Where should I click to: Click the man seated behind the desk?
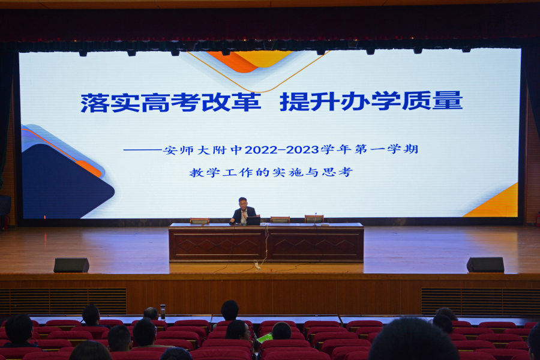tap(243, 211)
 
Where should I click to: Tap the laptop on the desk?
tap(253, 221)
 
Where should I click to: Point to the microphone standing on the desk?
tap(315, 219)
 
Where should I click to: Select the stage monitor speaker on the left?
tap(71, 265)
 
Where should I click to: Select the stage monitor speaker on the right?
tap(485, 265)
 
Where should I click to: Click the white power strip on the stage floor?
tap(257, 265)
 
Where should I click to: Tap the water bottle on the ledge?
tap(163, 312)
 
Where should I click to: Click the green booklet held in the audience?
tap(265, 338)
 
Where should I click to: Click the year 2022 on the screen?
tap(261, 150)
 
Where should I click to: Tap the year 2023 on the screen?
tap(302, 150)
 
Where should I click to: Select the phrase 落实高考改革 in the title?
tap(170, 103)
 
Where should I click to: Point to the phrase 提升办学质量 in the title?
tap(371, 101)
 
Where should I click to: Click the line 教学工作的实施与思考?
tap(271, 172)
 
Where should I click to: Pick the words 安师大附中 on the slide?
tap(203, 150)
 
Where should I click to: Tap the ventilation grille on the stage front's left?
tap(63, 301)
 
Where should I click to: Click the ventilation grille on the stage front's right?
tap(481, 301)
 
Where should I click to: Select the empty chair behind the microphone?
tap(314, 219)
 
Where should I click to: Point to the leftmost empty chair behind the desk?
tap(199, 221)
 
